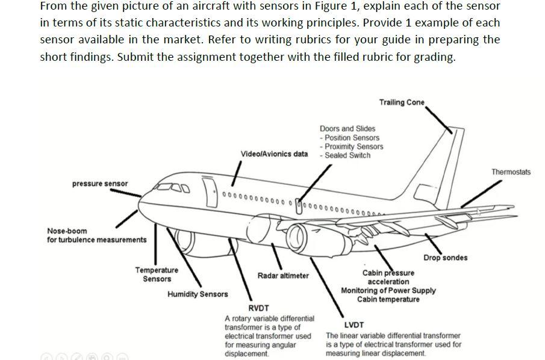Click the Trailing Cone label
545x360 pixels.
[x=402, y=102]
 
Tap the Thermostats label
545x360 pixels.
[x=511, y=172]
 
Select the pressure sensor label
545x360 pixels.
[x=100, y=184]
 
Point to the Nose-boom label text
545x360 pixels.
[x=67, y=231]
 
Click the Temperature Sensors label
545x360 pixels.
[x=157, y=275]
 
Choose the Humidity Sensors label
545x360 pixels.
[x=198, y=294]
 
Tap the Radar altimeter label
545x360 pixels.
[x=283, y=276]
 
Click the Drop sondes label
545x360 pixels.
[x=445, y=258]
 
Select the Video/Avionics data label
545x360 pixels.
[x=274, y=154]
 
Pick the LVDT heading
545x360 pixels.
[x=353, y=325]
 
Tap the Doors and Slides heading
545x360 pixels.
[x=347, y=129]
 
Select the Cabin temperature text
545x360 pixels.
[x=388, y=300]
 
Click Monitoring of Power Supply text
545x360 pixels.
[x=388, y=291]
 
